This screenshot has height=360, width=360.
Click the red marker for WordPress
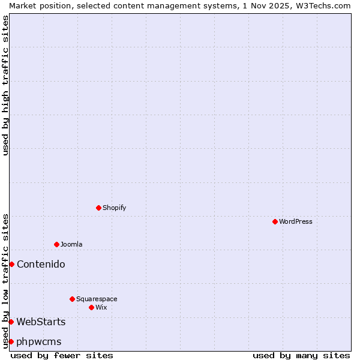tap(275, 221)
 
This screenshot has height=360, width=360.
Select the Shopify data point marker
tap(98, 208)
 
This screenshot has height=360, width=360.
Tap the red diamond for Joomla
tap(56, 244)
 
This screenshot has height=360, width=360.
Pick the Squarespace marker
tap(72, 299)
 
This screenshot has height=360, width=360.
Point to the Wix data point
tap(91, 307)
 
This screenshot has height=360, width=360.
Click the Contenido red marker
tap(11, 264)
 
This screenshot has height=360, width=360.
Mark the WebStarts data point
tap(11, 322)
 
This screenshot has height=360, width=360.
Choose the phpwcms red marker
tap(11, 341)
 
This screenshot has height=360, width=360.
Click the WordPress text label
tap(296, 221)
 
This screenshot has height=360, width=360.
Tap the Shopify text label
tap(115, 208)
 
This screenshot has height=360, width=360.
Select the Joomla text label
tap(71, 244)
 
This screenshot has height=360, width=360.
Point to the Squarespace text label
tap(97, 299)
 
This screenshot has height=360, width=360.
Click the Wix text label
tap(101, 307)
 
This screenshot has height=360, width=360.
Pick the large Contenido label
tap(41, 264)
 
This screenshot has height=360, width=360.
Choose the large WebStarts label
tap(41, 322)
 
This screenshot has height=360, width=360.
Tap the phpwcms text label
tap(39, 341)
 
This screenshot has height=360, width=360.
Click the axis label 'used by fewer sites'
tap(62, 355)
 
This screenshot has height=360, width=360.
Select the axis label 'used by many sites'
tap(301, 355)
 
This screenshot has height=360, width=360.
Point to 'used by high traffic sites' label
tap(5, 85)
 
